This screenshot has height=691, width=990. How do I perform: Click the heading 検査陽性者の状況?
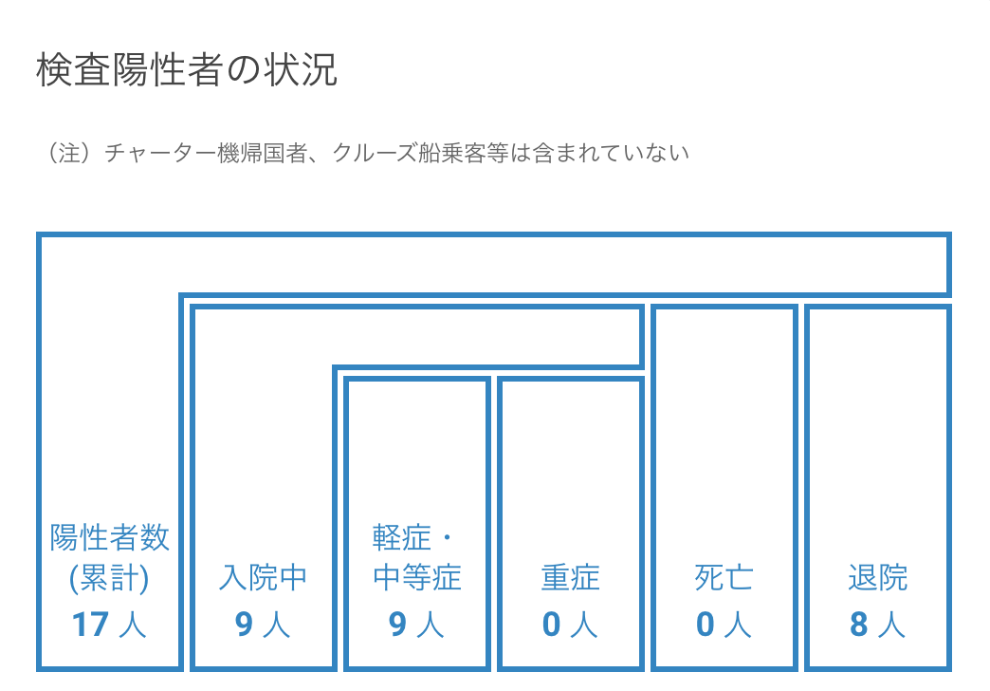tap(187, 69)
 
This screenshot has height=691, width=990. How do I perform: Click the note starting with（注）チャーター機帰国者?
tap(366, 153)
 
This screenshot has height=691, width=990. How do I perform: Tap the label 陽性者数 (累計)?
tap(109, 557)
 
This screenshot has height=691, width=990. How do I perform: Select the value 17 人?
tap(109, 624)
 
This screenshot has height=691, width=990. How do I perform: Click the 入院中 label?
tap(263, 577)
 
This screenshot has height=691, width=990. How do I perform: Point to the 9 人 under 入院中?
tap(263, 624)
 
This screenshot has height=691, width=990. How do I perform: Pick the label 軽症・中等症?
tap(416, 557)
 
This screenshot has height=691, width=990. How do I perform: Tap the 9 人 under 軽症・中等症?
tap(416, 624)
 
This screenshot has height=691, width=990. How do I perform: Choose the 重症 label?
tap(570, 577)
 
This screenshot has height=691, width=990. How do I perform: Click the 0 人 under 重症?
tap(570, 624)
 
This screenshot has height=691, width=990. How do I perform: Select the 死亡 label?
tap(724, 577)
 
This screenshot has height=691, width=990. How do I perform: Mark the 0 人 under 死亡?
tap(724, 624)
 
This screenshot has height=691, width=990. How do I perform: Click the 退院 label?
tap(877, 577)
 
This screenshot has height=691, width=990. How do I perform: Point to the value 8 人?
tap(877, 624)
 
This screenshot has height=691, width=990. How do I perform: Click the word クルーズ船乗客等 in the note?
tap(420, 153)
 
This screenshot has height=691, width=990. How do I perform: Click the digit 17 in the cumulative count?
tap(91, 625)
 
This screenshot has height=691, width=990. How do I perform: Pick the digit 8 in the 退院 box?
tap(859, 625)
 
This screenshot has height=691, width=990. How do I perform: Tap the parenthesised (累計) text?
tap(109, 578)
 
